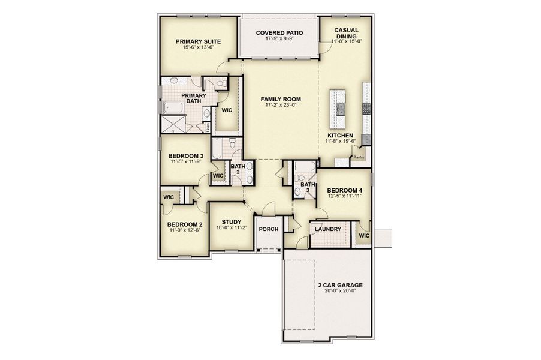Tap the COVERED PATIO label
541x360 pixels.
[279, 34]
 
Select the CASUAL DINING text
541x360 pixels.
[346, 33]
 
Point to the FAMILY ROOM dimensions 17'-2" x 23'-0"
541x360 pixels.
[280, 105]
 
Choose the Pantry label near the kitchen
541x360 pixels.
[359, 158]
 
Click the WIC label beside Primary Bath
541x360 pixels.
[227, 111]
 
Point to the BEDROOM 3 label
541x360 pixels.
[185, 155]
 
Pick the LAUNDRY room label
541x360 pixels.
[327, 229]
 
